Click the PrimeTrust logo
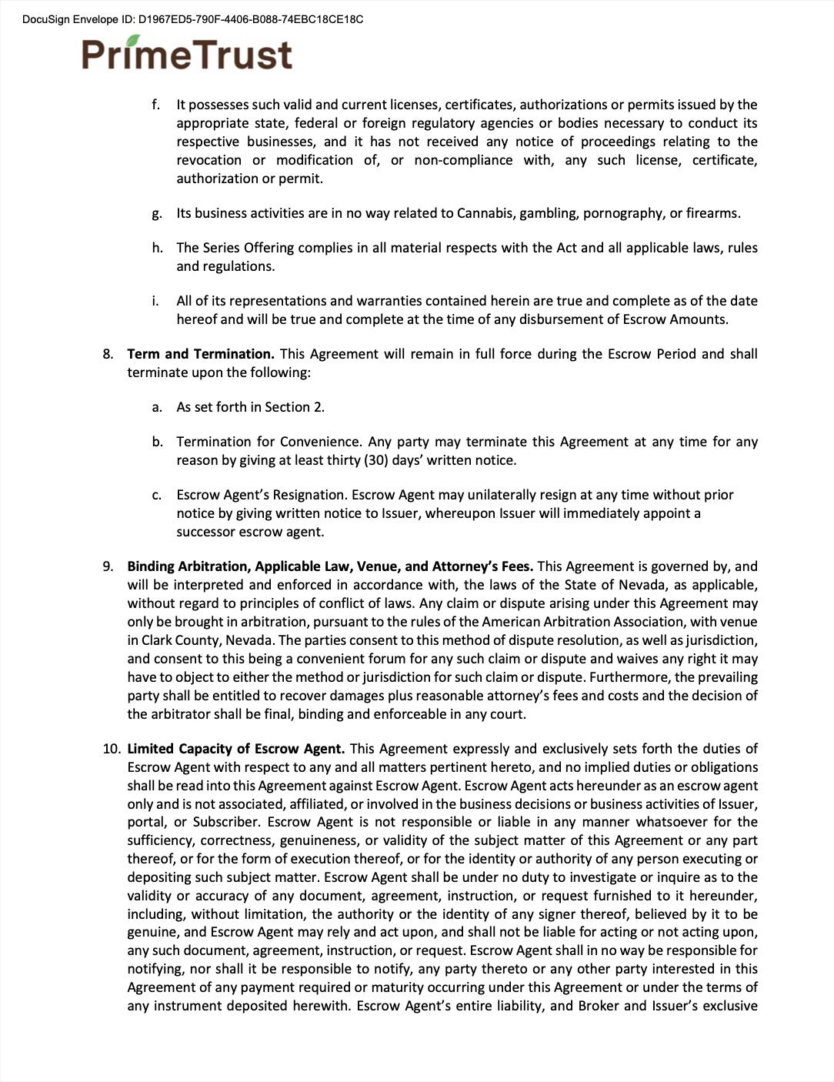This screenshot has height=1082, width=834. [x=187, y=54]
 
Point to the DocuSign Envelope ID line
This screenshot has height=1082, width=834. [x=192, y=19]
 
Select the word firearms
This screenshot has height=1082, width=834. [x=712, y=213]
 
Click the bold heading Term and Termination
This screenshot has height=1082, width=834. [x=201, y=354]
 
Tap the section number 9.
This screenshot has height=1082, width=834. [x=108, y=566]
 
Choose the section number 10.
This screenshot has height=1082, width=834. [x=111, y=749]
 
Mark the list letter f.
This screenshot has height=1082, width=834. [x=156, y=105]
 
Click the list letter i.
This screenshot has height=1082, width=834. [x=157, y=301]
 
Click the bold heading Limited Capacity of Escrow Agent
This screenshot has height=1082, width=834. [x=235, y=749]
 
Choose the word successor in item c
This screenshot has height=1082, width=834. [x=206, y=532]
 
